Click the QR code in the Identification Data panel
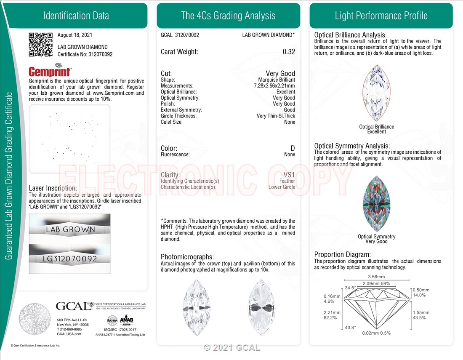(40, 44)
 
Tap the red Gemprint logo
(50, 71)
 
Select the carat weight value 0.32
(289, 52)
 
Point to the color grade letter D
(293, 148)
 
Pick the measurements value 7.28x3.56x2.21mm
(271, 86)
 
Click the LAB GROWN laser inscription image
(70, 229)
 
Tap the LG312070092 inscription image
(70, 258)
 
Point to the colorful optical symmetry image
(376, 204)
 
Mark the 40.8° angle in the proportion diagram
(350, 327)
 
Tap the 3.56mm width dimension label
(376, 277)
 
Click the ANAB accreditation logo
(126, 320)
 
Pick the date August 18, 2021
(75, 35)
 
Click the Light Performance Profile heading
(381, 16)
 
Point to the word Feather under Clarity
(287, 181)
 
